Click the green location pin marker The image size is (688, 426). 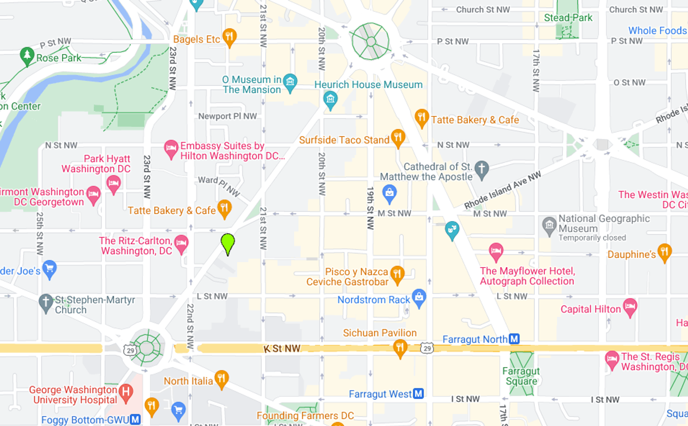(228, 243)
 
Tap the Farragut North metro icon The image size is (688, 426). (514, 339)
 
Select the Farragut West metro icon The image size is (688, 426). (418, 394)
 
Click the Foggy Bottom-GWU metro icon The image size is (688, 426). (135, 419)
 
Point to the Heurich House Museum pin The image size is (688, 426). (330, 99)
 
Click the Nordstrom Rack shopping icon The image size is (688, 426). (419, 297)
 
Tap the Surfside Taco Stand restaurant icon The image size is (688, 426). (398, 137)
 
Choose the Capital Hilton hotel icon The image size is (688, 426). (630, 307)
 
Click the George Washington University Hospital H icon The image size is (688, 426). (126, 392)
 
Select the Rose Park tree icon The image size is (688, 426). (27, 55)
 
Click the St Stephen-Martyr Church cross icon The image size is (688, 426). (46, 302)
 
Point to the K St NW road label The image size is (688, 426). (282, 349)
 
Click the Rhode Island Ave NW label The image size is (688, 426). (502, 190)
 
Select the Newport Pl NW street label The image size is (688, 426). (228, 116)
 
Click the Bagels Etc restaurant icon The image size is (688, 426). (229, 37)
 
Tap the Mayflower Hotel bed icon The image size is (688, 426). (496, 251)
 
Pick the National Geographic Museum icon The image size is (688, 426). (549, 226)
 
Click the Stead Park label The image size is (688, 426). (568, 18)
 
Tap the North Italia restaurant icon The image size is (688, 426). (221, 378)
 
